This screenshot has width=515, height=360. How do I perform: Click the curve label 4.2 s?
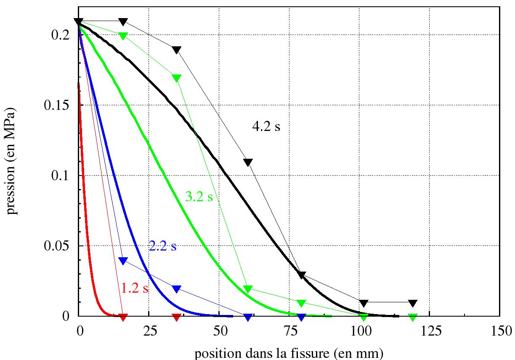(265, 127)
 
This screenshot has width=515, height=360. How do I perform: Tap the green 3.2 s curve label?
(199, 197)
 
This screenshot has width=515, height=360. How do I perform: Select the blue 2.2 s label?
(162, 246)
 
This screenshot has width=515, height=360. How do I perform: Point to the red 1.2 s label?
(135, 288)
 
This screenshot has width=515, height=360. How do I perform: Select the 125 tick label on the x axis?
(429, 331)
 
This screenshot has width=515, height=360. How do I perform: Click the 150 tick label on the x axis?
(499, 331)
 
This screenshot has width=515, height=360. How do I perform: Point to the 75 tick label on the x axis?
(289, 331)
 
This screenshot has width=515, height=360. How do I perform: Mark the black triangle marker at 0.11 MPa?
(248, 162)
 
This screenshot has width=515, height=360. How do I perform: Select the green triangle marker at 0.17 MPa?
(177, 78)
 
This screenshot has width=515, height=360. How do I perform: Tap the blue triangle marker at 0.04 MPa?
(123, 260)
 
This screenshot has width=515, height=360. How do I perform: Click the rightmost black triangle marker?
(413, 303)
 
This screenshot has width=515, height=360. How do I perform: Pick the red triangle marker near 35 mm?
(177, 316)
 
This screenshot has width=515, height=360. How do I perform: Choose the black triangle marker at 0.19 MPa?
(177, 50)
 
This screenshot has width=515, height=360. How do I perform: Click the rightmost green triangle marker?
(413, 317)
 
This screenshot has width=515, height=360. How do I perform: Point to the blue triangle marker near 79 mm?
(301, 316)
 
